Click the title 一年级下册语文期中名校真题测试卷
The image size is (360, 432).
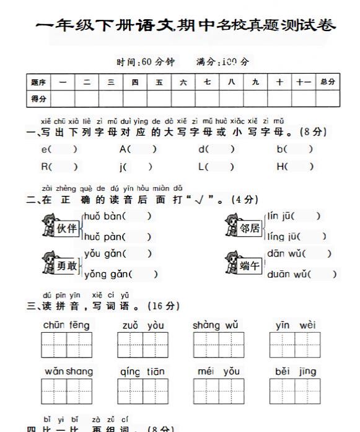pos(187,25)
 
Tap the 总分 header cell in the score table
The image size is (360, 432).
pos(328,82)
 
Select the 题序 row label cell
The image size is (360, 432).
pos(38,82)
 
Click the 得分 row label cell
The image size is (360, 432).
pos(38,99)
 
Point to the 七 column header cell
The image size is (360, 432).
pos(207,82)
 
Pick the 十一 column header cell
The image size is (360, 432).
pos(303,82)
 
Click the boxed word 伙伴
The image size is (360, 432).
pos(66,227)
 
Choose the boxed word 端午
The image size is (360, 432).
pos(250,265)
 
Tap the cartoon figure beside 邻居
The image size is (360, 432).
pos(231,225)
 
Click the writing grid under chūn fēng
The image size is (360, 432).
pos(66,345)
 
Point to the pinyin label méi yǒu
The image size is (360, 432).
pos(219,371)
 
